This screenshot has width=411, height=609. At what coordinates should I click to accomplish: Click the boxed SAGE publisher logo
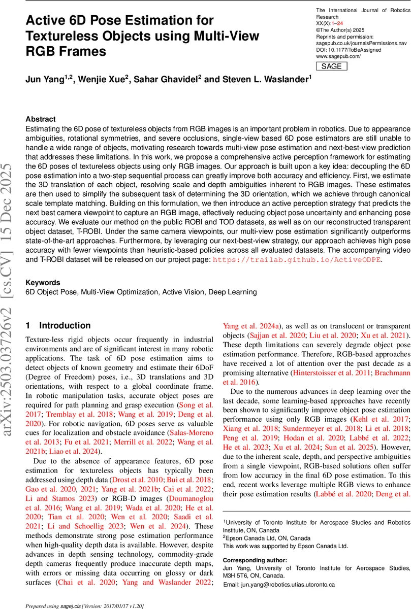[332, 66]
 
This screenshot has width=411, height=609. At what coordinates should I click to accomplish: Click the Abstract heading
[40, 116]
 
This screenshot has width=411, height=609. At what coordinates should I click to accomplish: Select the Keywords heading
[43, 283]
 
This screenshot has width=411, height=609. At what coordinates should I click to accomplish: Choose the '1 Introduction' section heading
[58, 326]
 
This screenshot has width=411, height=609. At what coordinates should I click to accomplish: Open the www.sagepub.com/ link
[338, 56]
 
